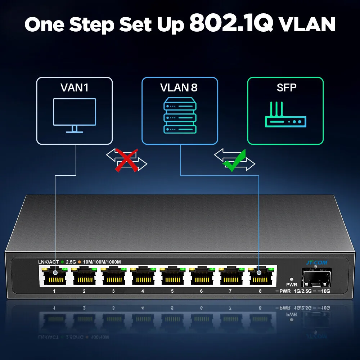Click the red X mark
[x=126, y=160]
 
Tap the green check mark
[x=234, y=161]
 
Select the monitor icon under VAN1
[x=75, y=115]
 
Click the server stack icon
[x=180, y=115]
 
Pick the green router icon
[x=285, y=114]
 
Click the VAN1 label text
[x=75, y=88]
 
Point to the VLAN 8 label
[x=179, y=88]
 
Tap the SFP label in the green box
[x=286, y=87]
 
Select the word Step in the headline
[x=91, y=25]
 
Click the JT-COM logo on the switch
[x=316, y=263]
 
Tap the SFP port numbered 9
[x=316, y=278]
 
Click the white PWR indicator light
[x=292, y=279]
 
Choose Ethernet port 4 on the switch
[x=143, y=276]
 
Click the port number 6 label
[x=201, y=291]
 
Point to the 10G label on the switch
[x=325, y=291]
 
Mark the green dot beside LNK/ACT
[x=62, y=262]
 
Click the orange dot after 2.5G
[x=80, y=262]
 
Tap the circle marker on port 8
[x=259, y=273]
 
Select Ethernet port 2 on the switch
[x=84, y=276]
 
